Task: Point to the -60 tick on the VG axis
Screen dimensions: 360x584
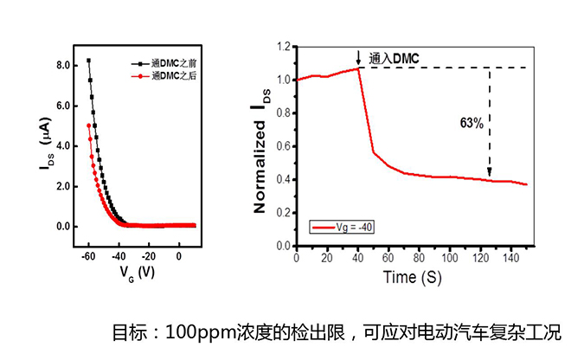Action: point(87,256)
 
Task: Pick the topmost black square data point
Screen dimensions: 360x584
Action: point(88,61)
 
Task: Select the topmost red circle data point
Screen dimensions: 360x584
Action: point(88,125)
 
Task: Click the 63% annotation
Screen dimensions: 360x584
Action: point(472,124)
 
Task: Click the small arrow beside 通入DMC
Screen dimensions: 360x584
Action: point(358,57)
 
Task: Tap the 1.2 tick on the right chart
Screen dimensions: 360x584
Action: point(285,47)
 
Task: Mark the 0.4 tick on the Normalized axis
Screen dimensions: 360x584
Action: point(285,180)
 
